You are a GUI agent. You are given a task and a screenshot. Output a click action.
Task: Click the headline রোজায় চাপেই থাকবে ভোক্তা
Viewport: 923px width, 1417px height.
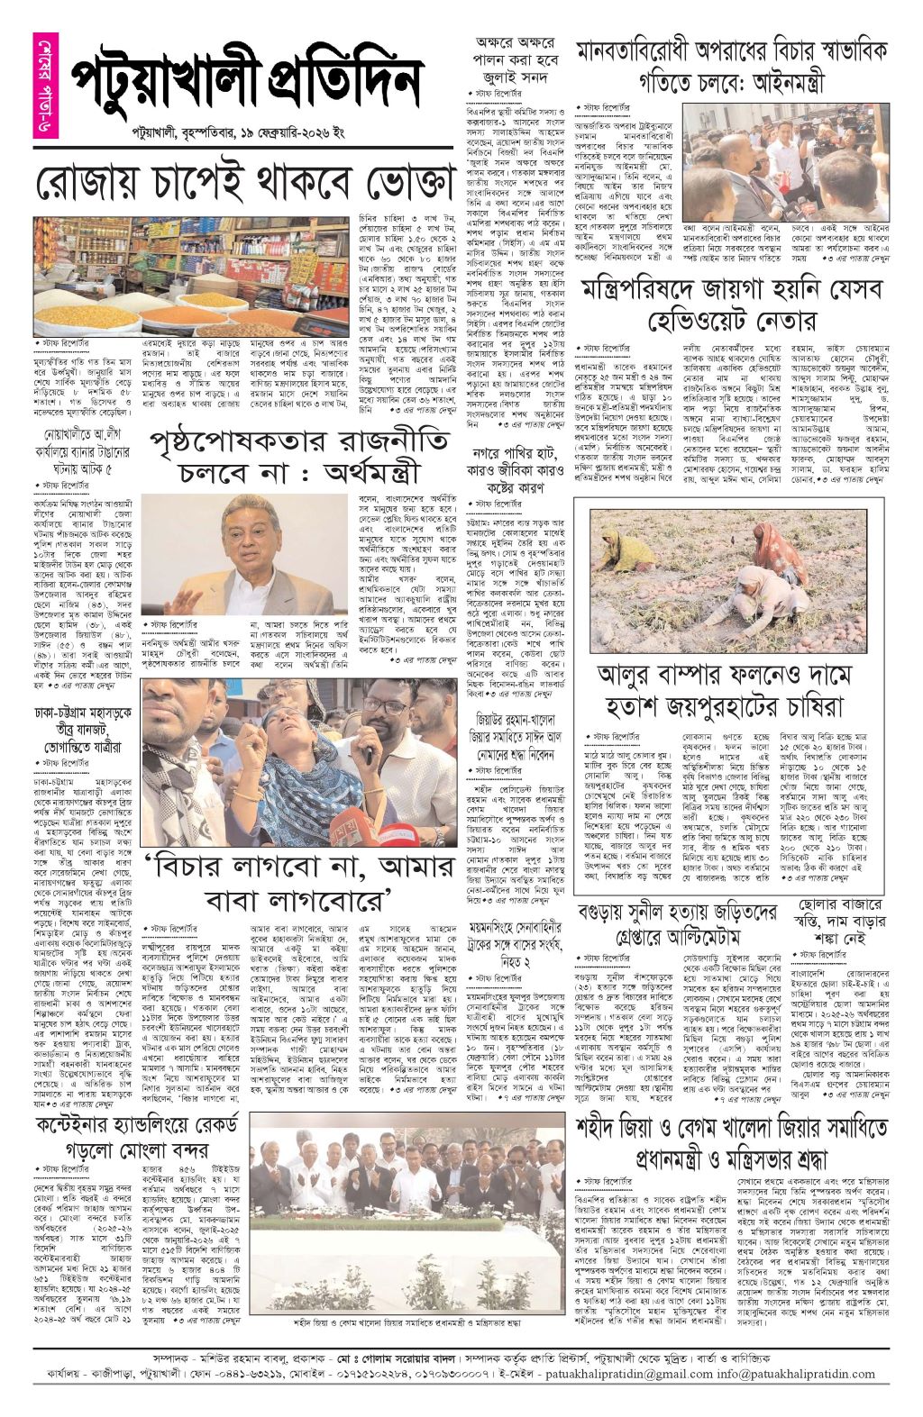(x=243, y=184)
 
